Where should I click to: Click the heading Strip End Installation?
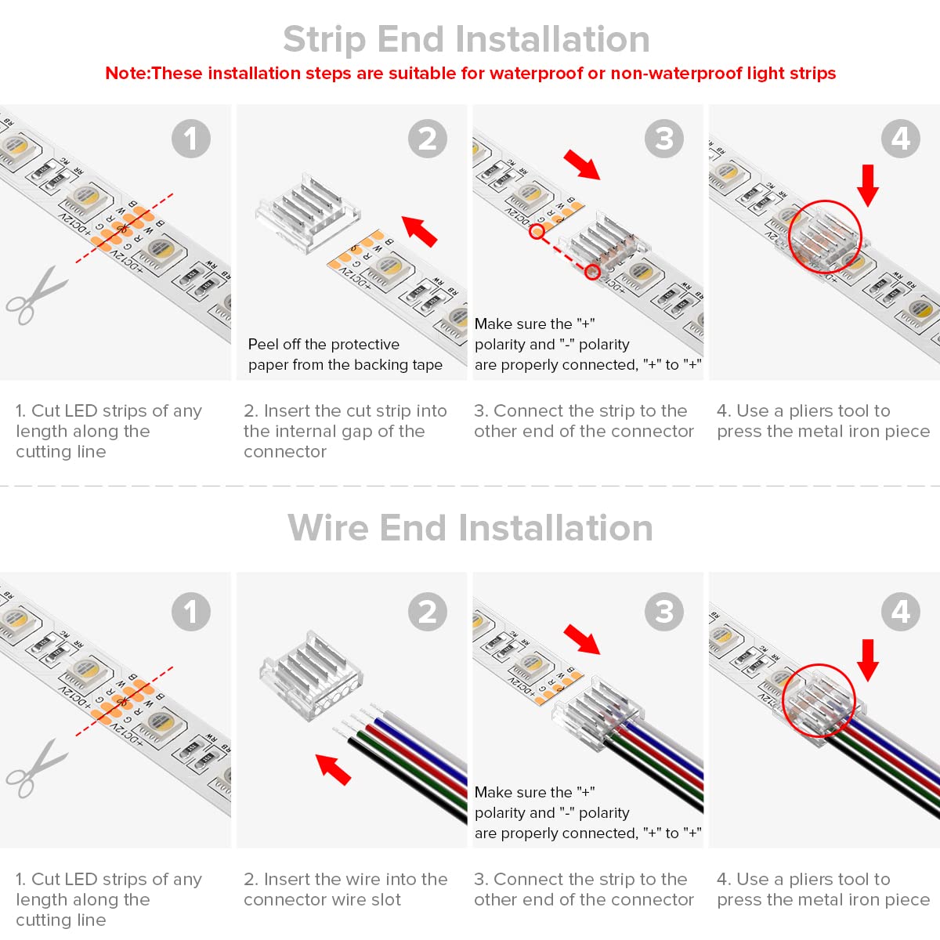[x=466, y=39]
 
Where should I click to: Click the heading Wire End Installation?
[x=470, y=528]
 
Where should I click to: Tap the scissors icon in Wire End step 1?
[x=34, y=769]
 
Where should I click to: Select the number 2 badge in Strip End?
[x=428, y=139]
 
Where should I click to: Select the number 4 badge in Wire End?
[x=901, y=612]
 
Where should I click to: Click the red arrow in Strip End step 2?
[x=420, y=230]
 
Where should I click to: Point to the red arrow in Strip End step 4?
[x=868, y=185]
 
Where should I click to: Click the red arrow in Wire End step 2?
[x=334, y=768]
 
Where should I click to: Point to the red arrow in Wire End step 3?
[x=582, y=638]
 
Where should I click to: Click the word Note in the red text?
[x=125, y=74]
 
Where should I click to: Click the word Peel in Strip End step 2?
[x=262, y=345]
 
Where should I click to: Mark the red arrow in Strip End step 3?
[x=581, y=164]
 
